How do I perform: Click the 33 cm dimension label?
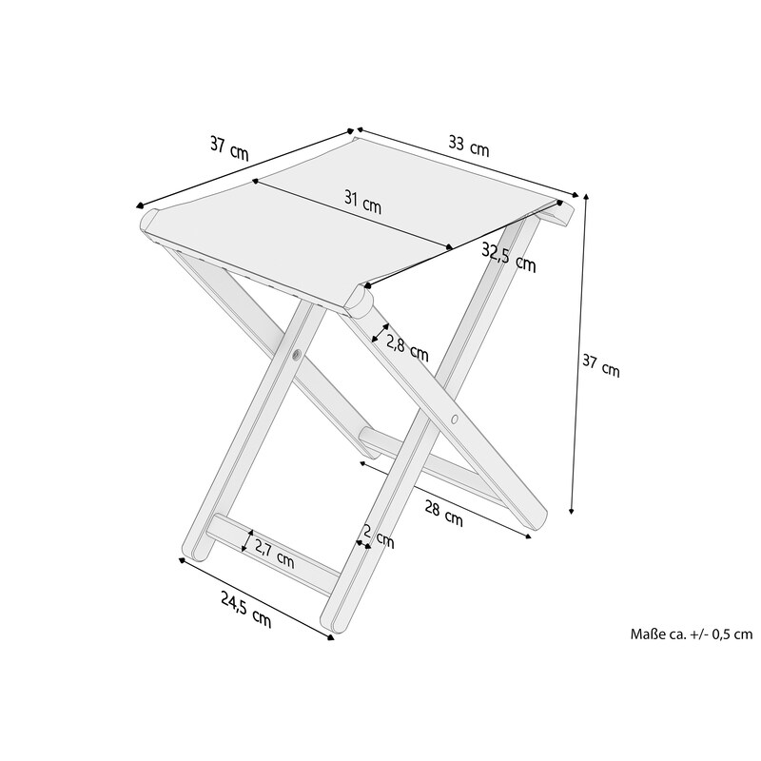pyautogui.click(x=468, y=146)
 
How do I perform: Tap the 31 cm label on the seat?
pyautogui.click(x=362, y=202)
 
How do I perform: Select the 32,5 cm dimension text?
pyautogui.click(x=509, y=257)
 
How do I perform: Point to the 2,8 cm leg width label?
pyautogui.click(x=407, y=348)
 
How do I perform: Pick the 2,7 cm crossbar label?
pyautogui.click(x=274, y=554)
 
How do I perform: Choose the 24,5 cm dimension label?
pyautogui.click(x=245, y=609)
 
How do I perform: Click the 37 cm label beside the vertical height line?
pyautogui.click(x=601, y=365)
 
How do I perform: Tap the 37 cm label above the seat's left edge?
pyautogui.click(x=229, y=148)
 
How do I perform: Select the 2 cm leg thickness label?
pyautogui.click(x=379, y=537)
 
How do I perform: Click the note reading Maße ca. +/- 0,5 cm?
pyautogui.click(x=692, y=634)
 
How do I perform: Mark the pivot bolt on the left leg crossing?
pyautogui.click(x=296, y=355)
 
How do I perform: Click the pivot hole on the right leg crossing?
pyautogui.click(x=455, y=419)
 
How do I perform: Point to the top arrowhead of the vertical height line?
pyautogui.click(x=586, y=197)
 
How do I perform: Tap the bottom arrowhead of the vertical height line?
pyautogui.click(x=572, y=510)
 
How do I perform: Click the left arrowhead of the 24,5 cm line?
pyautogui.click(x=182, y=560)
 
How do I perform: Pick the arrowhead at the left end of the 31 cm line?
pyautogui.click(x=254, y=182)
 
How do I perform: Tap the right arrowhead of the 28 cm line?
pyautogui.click(x=528, y=536)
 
